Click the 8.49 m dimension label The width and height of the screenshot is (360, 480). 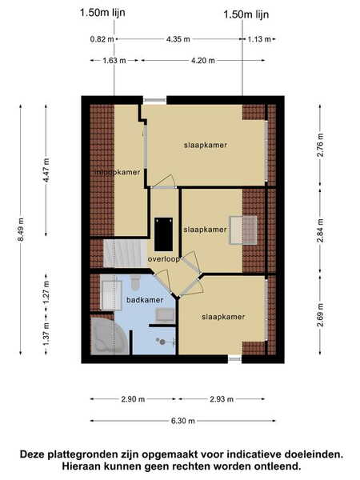point(21,230)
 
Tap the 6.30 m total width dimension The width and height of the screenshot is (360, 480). point(182,421)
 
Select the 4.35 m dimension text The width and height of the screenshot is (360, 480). point(178,39)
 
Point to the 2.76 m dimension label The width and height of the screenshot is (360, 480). point(320,145)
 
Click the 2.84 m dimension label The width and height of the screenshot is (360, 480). point(320,230)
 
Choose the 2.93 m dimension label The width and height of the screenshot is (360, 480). point(222,399)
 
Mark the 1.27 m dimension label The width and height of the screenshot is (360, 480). point(46,292)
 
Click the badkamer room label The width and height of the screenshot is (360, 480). point(145,300)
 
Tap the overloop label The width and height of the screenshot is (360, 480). point(164,259)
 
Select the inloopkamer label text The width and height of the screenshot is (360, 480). point(118,172)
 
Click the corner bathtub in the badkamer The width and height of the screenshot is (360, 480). point(108,336)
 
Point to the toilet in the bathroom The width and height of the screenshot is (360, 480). point(135,282)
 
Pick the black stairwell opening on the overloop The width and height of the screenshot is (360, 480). point(163,234)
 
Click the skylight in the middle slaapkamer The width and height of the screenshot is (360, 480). point(243,230)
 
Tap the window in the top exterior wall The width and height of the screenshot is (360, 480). point(154,100)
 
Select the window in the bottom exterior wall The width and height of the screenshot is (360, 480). point(234,358)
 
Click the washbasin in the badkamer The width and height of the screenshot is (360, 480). point(166,316)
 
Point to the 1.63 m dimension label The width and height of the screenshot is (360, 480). point(114,61)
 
